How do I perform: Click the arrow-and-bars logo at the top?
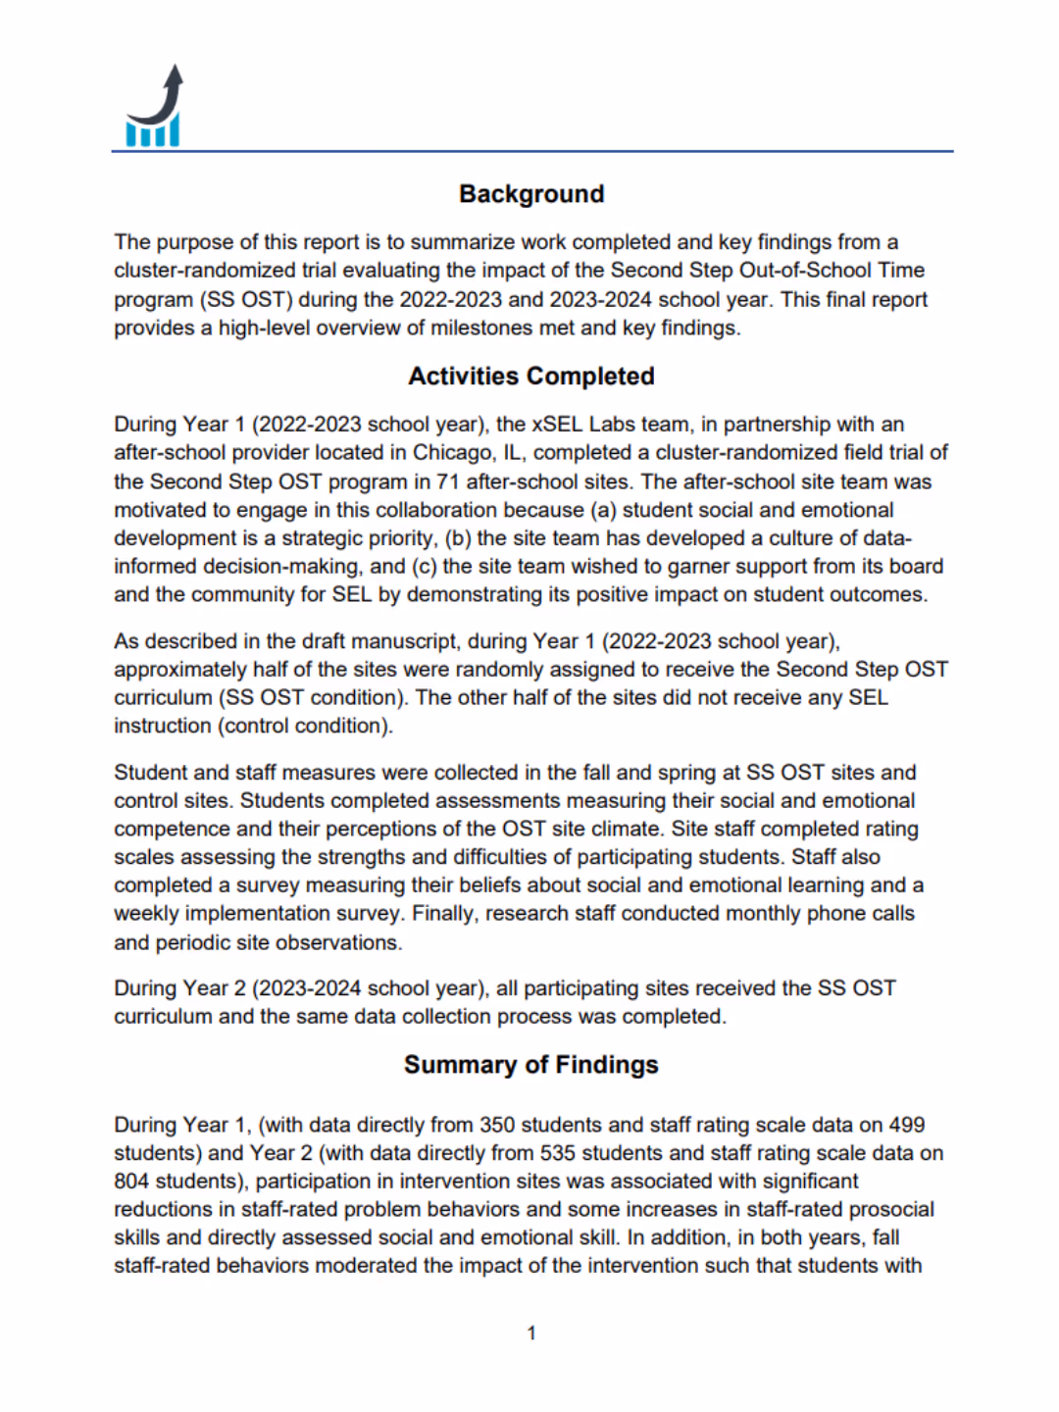click(155, 108)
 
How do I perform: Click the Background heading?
click(530, 194)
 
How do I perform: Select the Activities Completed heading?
click(530, 377)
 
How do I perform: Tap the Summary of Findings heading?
click(530, 1065)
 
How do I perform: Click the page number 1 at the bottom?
click(530, 1334)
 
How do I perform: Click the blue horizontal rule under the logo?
click(530, 151)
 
